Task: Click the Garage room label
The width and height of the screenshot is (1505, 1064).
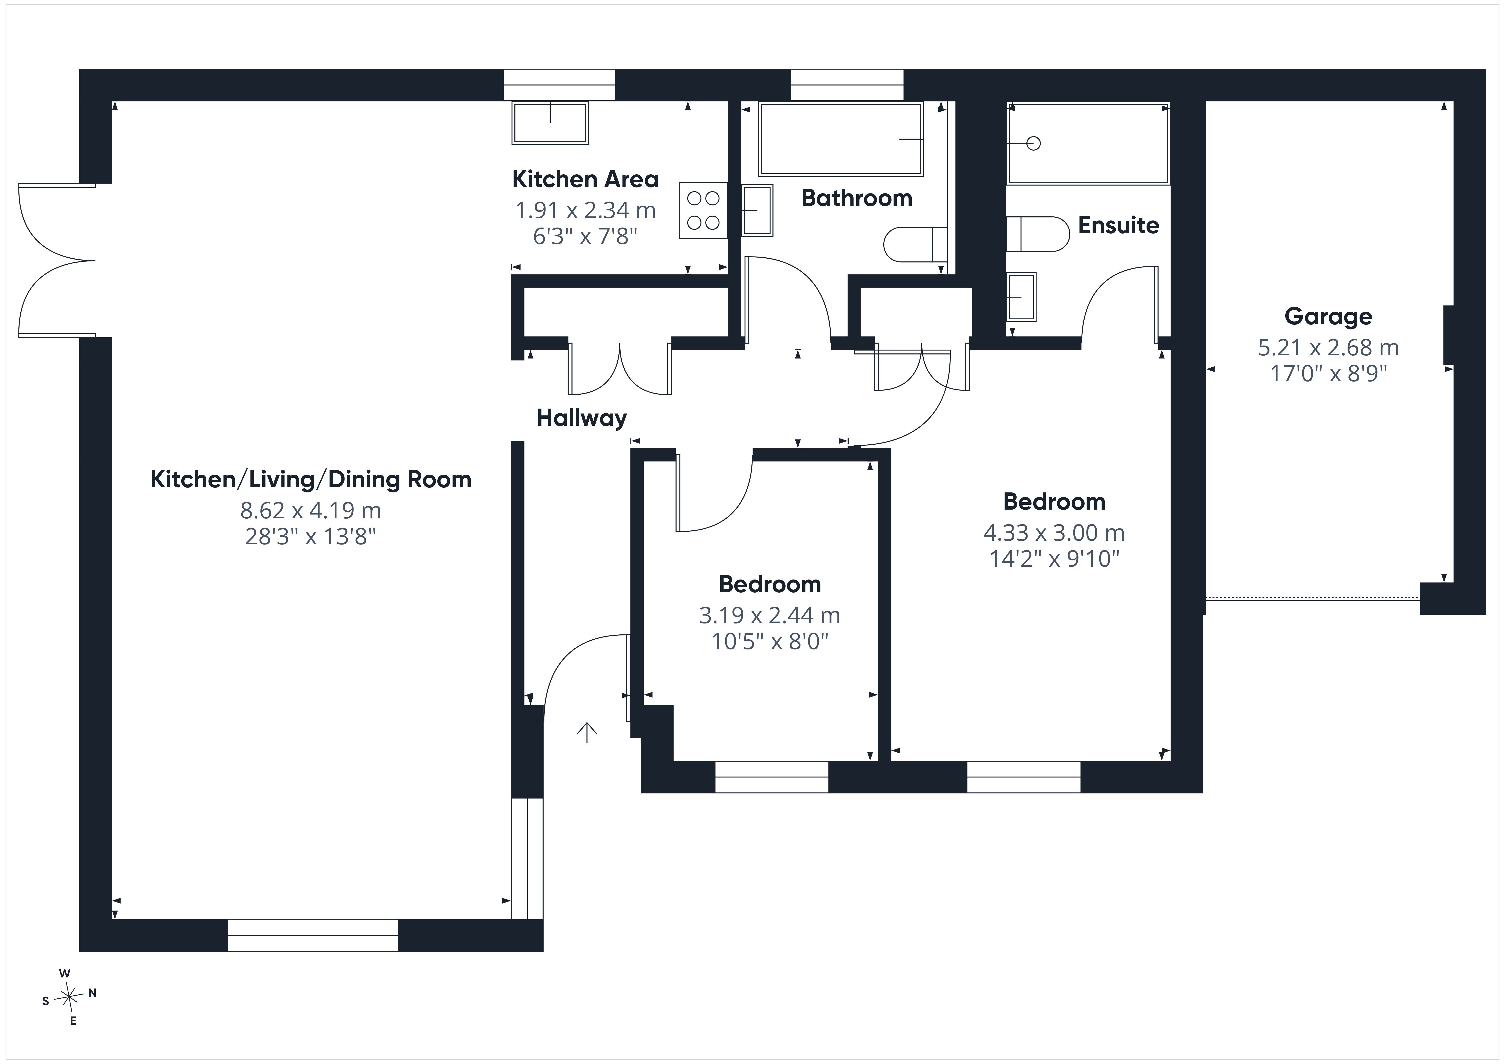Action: point(1328,317)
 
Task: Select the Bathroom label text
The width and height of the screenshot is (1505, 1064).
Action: point(857,198)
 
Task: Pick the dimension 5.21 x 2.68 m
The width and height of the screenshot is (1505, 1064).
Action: point(1328,347)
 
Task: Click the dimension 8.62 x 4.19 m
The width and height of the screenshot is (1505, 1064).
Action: point(311,510)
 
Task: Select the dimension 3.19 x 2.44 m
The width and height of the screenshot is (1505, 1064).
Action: point(769,615)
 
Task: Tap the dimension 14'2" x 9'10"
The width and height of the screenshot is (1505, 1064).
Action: point(1054,558)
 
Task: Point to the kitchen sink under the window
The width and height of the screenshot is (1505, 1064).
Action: point(550,123)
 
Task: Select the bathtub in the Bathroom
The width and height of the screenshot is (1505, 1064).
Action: point(841,139)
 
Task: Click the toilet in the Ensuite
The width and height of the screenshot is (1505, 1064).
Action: point(1038,234)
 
